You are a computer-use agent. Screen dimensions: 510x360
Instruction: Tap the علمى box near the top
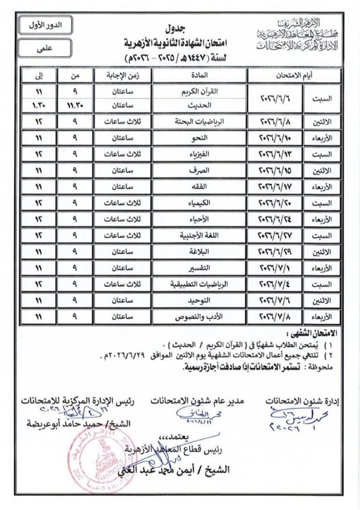point(45,48)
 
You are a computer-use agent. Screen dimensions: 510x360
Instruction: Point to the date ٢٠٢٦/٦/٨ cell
point(278,121)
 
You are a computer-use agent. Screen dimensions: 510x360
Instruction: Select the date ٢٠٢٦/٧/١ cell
point(278,268)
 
